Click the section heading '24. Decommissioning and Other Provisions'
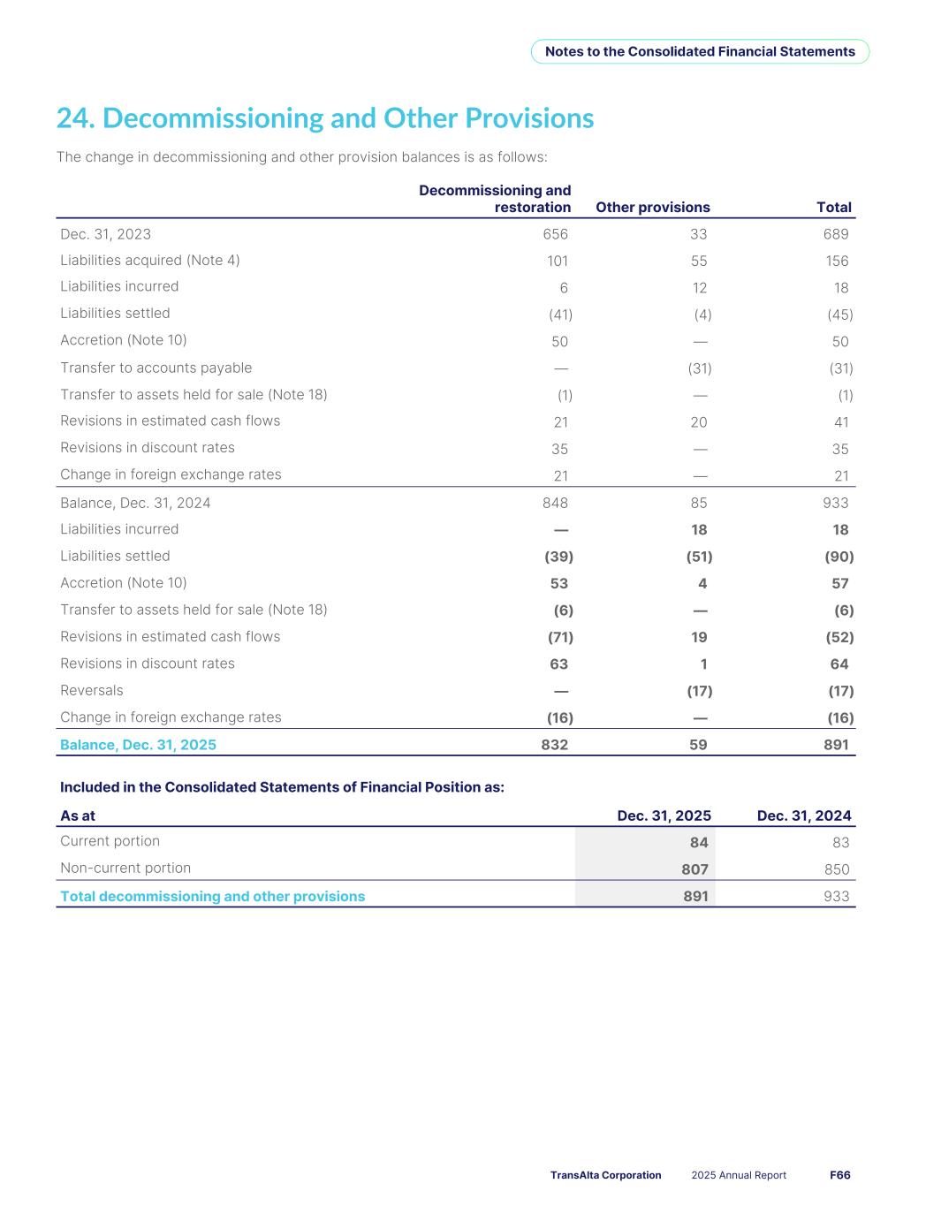(325, 118)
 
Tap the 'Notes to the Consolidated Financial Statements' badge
(700, 51)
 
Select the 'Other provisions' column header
(652, 208)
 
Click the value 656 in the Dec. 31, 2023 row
(555, 234)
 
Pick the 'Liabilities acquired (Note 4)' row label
(150, 260)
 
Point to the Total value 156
(836, 261)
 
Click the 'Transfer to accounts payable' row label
(156, 368)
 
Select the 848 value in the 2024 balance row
(555, 503)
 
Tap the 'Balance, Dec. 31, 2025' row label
(138, 745)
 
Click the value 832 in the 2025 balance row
(554, 745)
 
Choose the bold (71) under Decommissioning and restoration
(560, 637)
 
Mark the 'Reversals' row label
(92, 690)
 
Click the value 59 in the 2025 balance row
(698, 745)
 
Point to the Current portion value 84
(699, 843)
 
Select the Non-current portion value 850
(836, 869)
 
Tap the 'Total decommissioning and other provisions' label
(212, 897)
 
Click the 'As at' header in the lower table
(78, 815)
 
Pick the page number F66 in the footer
(839, 1175)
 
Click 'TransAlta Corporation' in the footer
(605, 1175)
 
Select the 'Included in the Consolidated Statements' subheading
(282, 787)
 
